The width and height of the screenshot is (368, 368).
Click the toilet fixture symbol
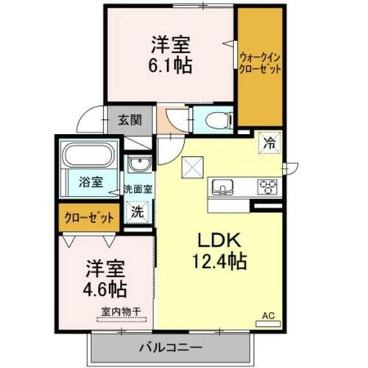[x=213, y=119]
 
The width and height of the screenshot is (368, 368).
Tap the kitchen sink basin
[x=222, y=186]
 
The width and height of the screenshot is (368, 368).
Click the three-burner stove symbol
[x=267, y=187]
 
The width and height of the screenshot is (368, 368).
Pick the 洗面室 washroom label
[x=138, y=189]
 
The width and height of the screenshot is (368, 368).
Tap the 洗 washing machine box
[x=138, y=212]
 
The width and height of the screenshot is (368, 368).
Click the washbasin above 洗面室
[x=138, y=165]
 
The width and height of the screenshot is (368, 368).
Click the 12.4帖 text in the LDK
[x=218, y=260]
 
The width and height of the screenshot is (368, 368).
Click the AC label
[x=269, y=317]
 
